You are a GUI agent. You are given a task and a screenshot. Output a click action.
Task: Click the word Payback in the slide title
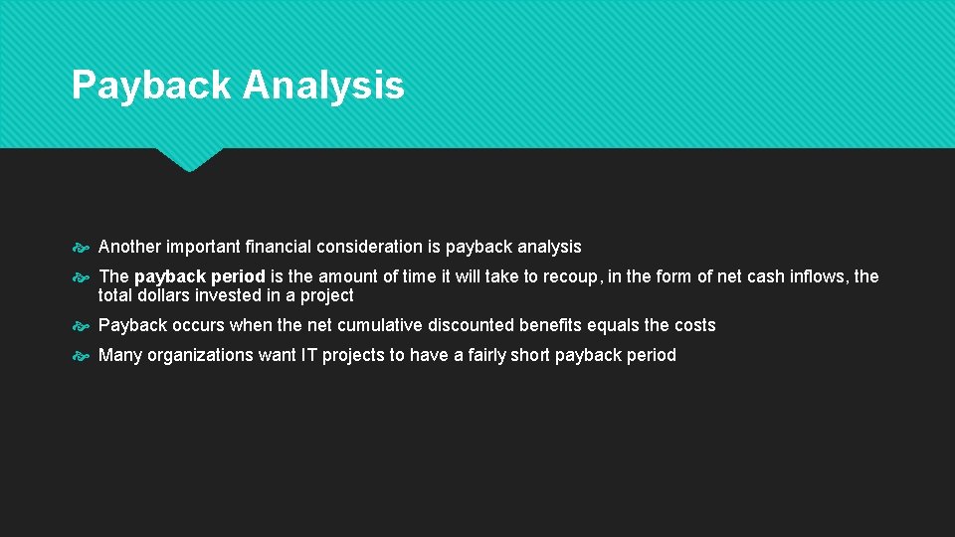[151, 86]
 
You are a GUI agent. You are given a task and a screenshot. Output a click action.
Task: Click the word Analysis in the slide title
[323, 86]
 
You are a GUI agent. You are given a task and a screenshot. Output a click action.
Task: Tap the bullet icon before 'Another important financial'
[83, 247]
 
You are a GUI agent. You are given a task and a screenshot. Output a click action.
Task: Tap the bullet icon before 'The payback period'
[83, 276]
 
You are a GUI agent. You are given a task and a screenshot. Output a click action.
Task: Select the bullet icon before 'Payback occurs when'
[83, 325]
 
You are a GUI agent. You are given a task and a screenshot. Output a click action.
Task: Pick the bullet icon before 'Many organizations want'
[83, 355]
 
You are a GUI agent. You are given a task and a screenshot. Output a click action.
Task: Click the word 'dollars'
[167, 295]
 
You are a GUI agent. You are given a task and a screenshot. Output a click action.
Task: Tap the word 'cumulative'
[380, 325]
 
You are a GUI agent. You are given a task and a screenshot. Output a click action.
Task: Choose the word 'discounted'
[472, 325]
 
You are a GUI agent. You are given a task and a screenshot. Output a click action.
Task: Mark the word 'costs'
[693, 325]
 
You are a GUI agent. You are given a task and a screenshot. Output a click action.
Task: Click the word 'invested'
[235, 295]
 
